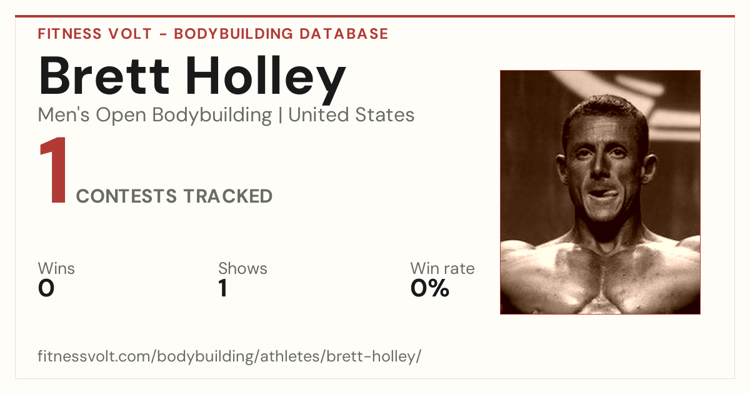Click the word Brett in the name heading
pyautogui.click(x=104, y=76)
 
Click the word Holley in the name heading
pyautogui.click(x=266, y=80)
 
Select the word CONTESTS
pyautogui.click(x=126, y=196)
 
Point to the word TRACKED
pyautogui.click(x=228, y=196)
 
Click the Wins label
pyautogui.click(x=56, y=268)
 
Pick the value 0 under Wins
pyautogui.click(x=46, y=288)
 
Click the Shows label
pyautogui.click(x=242, y=268)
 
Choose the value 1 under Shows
pyautogui.click(x=223, y=288)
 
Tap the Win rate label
pyautogui.click(x=442, y=268)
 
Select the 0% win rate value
pyautogui.click(x=429, y=288)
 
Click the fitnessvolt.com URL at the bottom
pyautogui.click(x=229, y=356)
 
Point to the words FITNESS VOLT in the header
pyautogui.click(x=95, y=34)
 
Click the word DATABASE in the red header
pyautogui.click(x=344, y=34)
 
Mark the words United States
pyautogui.click(x=351, y=115)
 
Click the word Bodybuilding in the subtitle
pyautogui.click(x=212, y=116)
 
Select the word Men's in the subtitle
pyautogui.click(x=64, y=115)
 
